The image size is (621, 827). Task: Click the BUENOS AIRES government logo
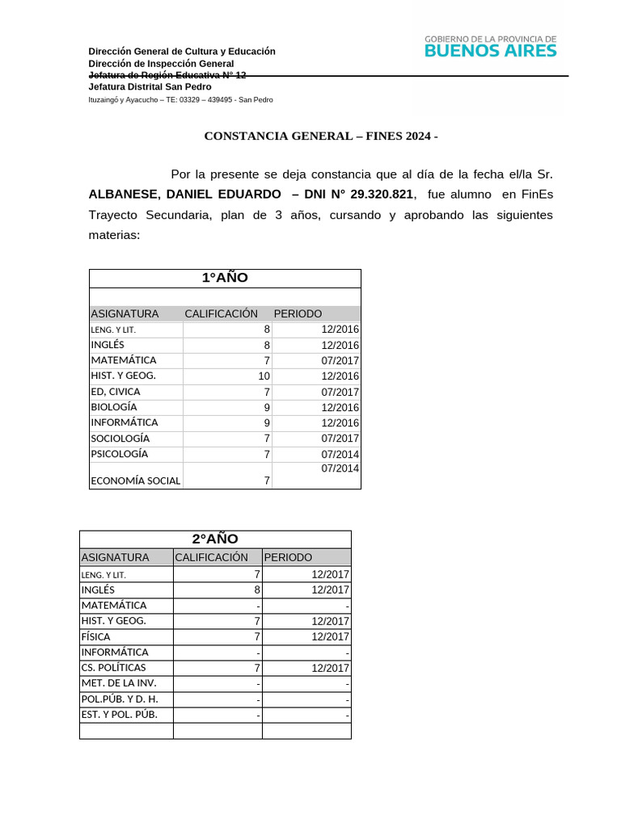tap(490, 46)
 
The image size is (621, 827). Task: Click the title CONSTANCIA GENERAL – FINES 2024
tap(320, 136)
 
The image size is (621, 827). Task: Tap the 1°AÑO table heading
tap(225, 278)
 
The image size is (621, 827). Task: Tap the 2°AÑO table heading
tap(215, 539)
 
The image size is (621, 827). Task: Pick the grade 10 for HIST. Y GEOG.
tap(264, 376)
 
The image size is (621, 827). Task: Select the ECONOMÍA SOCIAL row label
tap(136, 481)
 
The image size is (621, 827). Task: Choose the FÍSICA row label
tap(95, 636)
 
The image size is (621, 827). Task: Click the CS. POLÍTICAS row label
tap(113, 668)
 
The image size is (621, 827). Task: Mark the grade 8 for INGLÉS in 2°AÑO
tap(257, 590)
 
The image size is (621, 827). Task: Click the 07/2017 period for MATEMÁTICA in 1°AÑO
tap(340, 361)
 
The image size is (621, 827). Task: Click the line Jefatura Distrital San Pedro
tap(150, 86)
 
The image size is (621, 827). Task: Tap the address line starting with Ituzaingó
tap(180, 99)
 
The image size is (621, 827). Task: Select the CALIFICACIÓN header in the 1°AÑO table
tap(221, 313)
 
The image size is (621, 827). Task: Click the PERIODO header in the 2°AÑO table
tap(288, 557)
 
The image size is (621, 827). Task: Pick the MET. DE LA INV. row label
tap(119, 683)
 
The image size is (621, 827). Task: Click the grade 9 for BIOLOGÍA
tap(266, 408)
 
